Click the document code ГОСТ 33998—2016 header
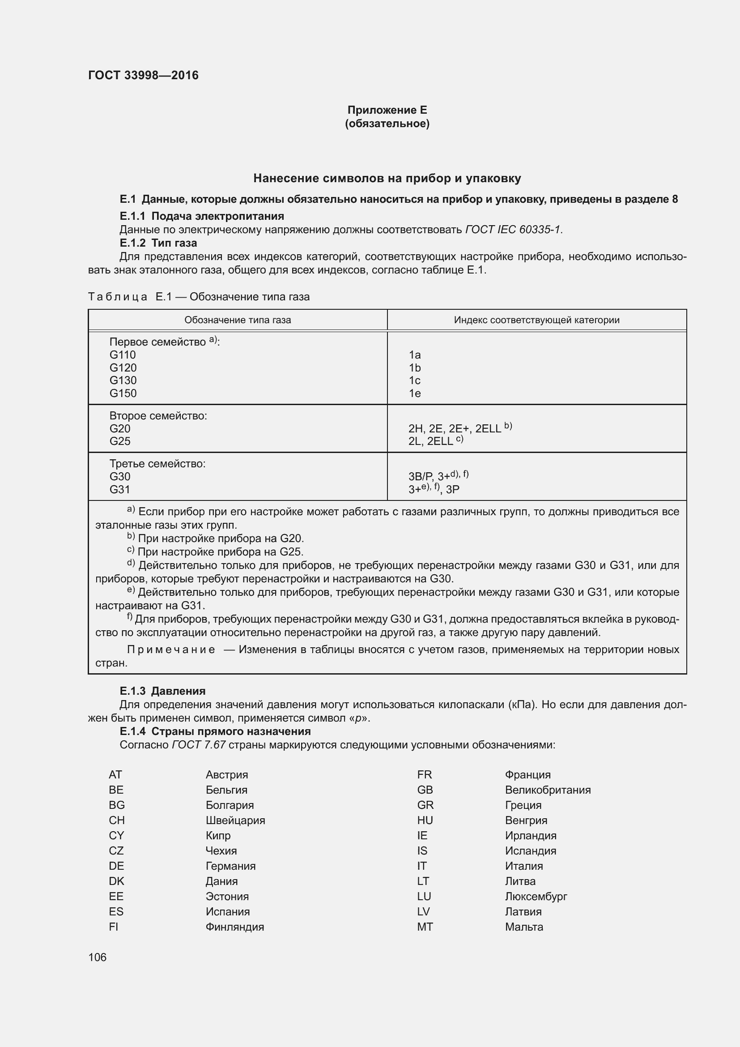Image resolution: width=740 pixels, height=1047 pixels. (x=143, y=75)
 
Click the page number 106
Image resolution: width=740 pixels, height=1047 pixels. (x=97, y=957)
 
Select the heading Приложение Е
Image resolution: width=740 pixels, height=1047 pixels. (x=387, y=110)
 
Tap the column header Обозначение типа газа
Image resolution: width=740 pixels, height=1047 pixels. (x=238, y=320)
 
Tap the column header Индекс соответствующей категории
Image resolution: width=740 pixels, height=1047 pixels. (x=536, y=320)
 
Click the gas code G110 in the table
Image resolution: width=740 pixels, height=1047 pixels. (x=123, y=355)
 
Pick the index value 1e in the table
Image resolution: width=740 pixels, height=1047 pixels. (x=415, y=393)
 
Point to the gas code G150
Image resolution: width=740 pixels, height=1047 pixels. (x=123, y=393)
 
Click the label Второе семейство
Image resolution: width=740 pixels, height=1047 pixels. (x=158, y=416)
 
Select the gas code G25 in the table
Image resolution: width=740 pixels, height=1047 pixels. (x=120, y=441)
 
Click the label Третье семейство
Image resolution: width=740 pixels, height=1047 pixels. (x=157, y=464)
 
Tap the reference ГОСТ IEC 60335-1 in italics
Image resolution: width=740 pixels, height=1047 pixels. (x=514, y=230)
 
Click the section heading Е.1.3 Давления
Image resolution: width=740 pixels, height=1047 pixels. (x=163, y=691)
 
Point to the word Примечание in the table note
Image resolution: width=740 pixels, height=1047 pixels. (x=171, y=650)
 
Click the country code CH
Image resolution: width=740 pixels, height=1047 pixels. (x=117, y=821)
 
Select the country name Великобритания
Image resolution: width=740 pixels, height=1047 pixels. (x=548, y=790)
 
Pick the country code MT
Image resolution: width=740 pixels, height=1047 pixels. (x=425, y=927)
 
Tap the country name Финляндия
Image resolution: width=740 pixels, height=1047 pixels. (x=235, y=927)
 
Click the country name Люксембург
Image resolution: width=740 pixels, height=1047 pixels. (x=536, y=897)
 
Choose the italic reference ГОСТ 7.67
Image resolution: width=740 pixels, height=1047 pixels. (x=199, y=745)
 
